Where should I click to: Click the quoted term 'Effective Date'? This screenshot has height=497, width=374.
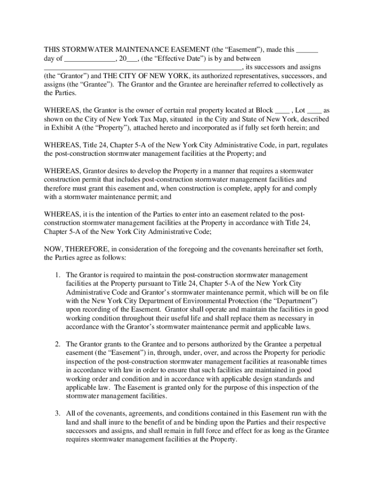coord(180,59)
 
